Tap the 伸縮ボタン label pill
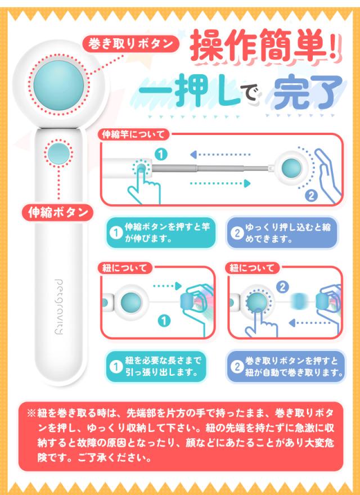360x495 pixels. tap(58, 213)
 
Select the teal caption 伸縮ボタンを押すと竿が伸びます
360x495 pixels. tap(160, 232)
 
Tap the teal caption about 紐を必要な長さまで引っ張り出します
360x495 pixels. tap(160, 366)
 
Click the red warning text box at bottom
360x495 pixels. tap(180, 436)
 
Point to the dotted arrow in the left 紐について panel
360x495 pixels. tap(166, 286)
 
